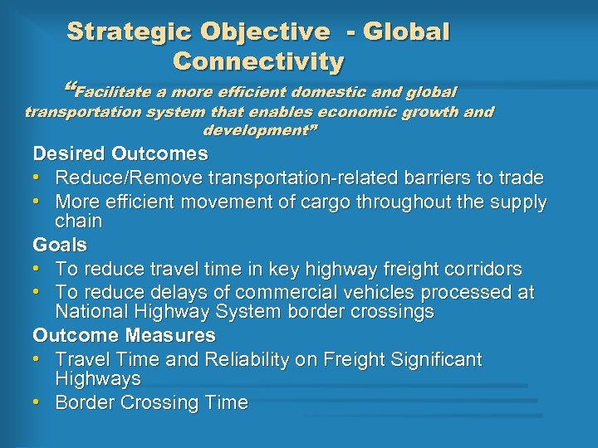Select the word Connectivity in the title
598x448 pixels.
click(257, 62)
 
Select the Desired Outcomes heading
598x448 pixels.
click(120, 154)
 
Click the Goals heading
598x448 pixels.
click(60, 246)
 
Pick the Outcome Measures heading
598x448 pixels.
click(124, 336)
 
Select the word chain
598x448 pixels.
click(78, 222)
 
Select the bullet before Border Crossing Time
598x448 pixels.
click(38, 403)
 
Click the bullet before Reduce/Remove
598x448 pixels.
click(38, 178)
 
